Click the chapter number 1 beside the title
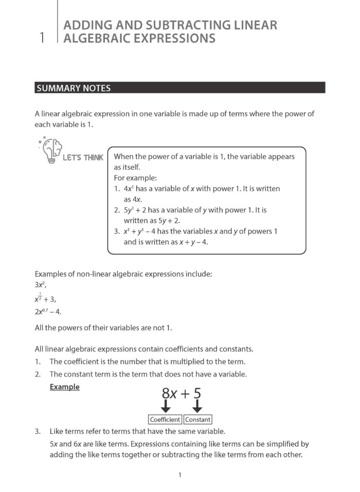(41, 38)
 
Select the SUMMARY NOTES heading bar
(180, 88)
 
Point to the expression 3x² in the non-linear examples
(41, 285)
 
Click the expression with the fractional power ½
(45, 298)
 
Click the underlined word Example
(64, 387)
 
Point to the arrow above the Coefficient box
(165, 407)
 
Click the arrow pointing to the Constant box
(197, 407)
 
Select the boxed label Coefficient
(165, 420)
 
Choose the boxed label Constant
(197, 420)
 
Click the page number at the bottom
(179, 475)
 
